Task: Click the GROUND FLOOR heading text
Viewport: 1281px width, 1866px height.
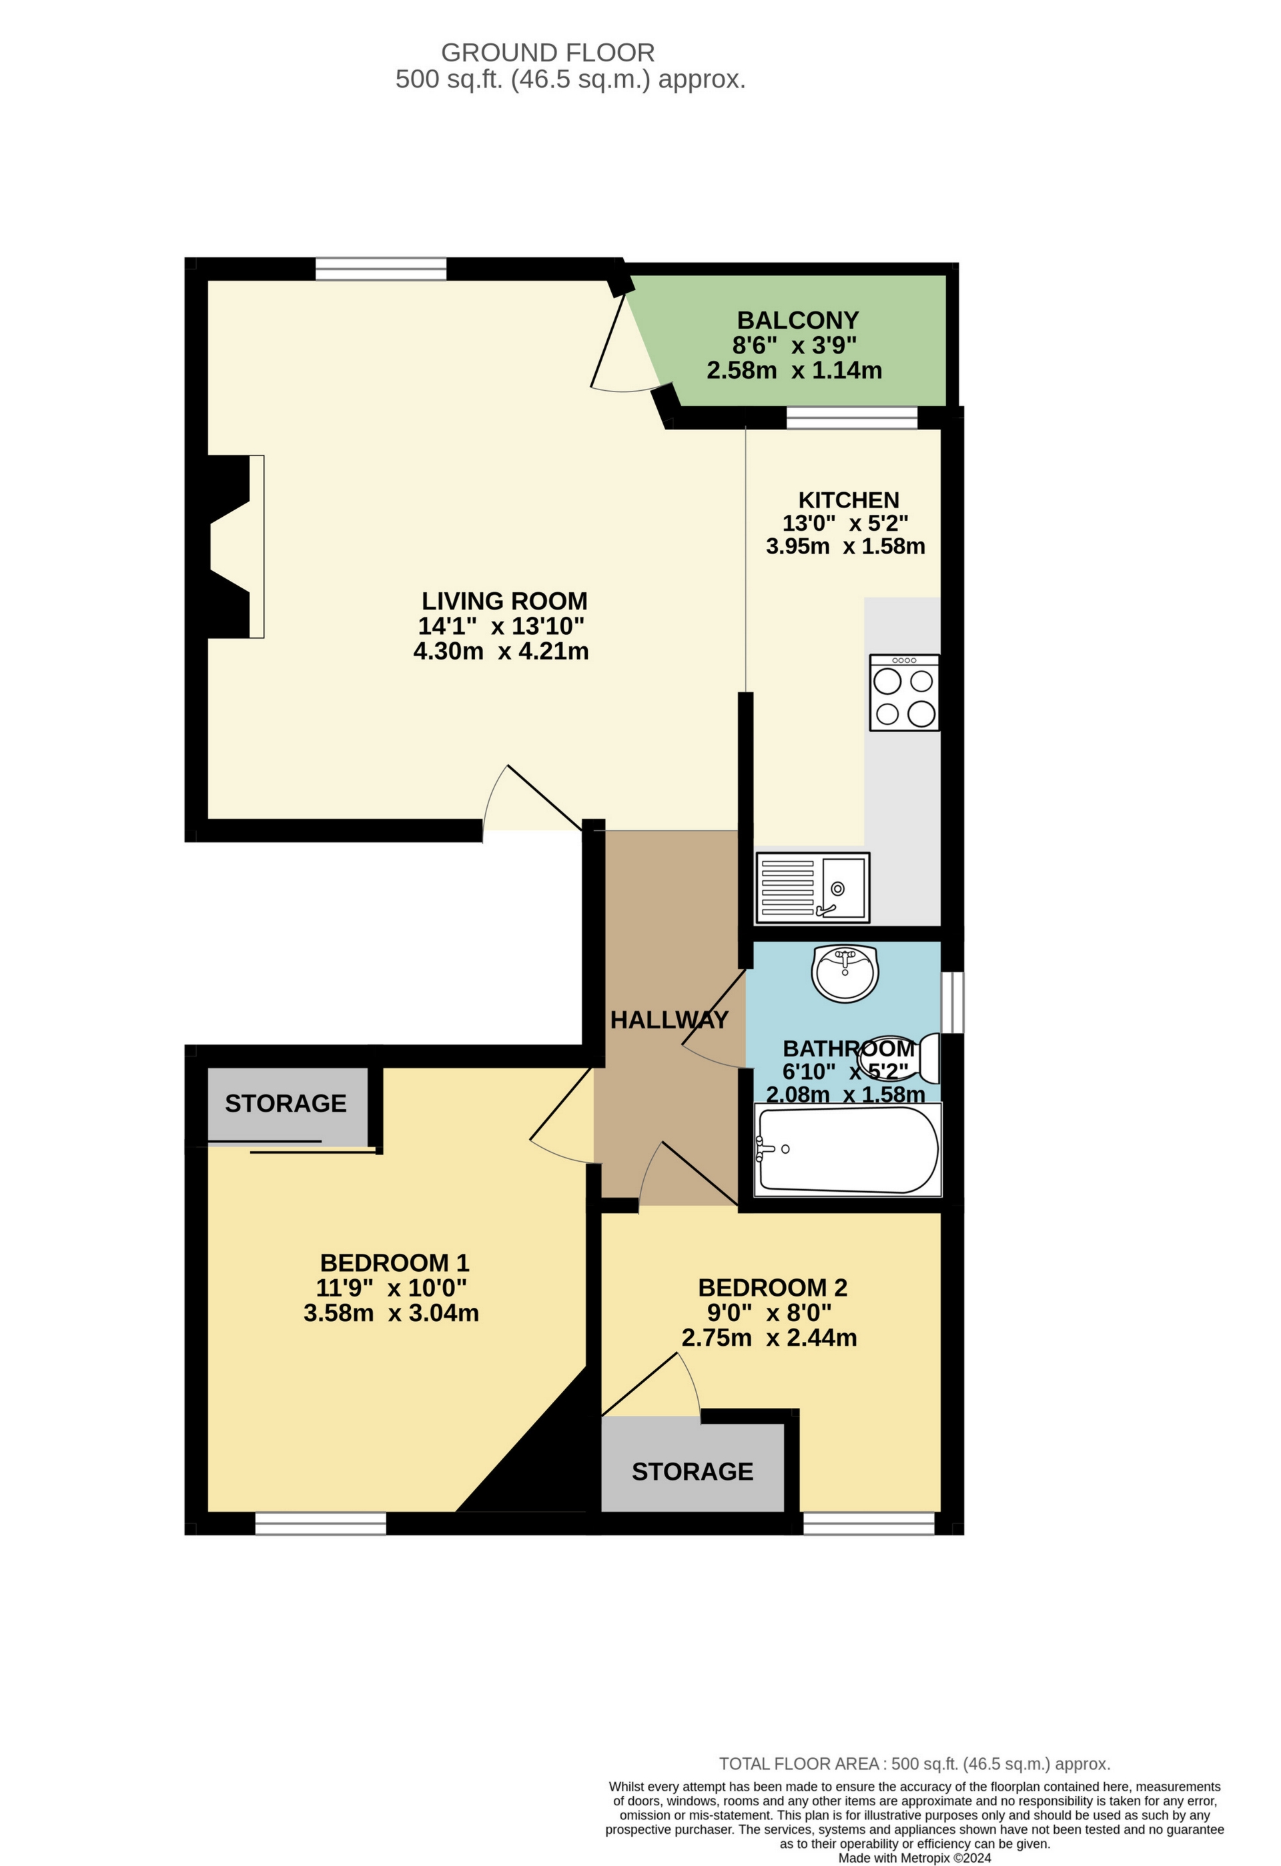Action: pos(548,53)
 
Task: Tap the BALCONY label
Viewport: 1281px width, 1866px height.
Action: pos(797,320)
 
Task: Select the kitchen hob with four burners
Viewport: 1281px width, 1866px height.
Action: pos(903,692)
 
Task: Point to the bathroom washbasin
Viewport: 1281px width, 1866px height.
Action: pos(845,973)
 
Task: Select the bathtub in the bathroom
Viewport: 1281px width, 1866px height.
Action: pos(847,1149)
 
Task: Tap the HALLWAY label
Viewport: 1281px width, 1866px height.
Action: pos(669,1020)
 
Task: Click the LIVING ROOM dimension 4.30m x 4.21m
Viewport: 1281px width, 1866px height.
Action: pos(501,651)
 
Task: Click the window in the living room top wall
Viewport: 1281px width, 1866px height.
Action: pos(381,269)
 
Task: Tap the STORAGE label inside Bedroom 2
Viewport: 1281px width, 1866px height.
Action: pos(693,1471)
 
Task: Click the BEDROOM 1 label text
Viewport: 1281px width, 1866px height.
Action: pos(394,1263)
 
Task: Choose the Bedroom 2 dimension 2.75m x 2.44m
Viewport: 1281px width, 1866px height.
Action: pos(769,1338)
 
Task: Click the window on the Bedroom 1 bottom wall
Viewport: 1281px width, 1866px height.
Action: pos(320,1523)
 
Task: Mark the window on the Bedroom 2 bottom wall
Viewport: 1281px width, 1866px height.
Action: pos(868,1523)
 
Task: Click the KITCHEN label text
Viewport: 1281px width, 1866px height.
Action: pos(848,500)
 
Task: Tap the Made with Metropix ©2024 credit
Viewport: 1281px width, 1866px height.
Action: pos(915,1858)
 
